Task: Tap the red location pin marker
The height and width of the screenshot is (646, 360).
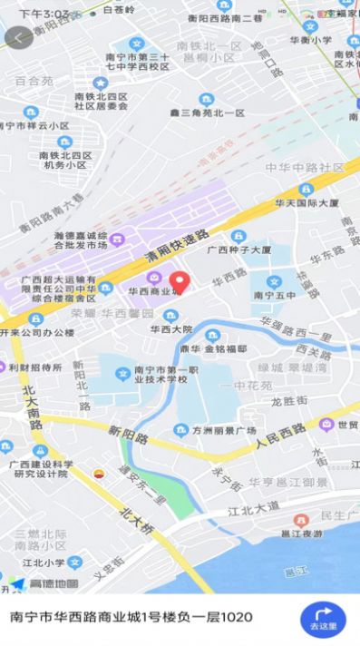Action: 179,281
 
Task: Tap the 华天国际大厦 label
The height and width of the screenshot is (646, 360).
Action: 308,202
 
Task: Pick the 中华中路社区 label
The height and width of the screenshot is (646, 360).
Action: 306,168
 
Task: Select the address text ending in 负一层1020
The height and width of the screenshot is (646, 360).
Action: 131,617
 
